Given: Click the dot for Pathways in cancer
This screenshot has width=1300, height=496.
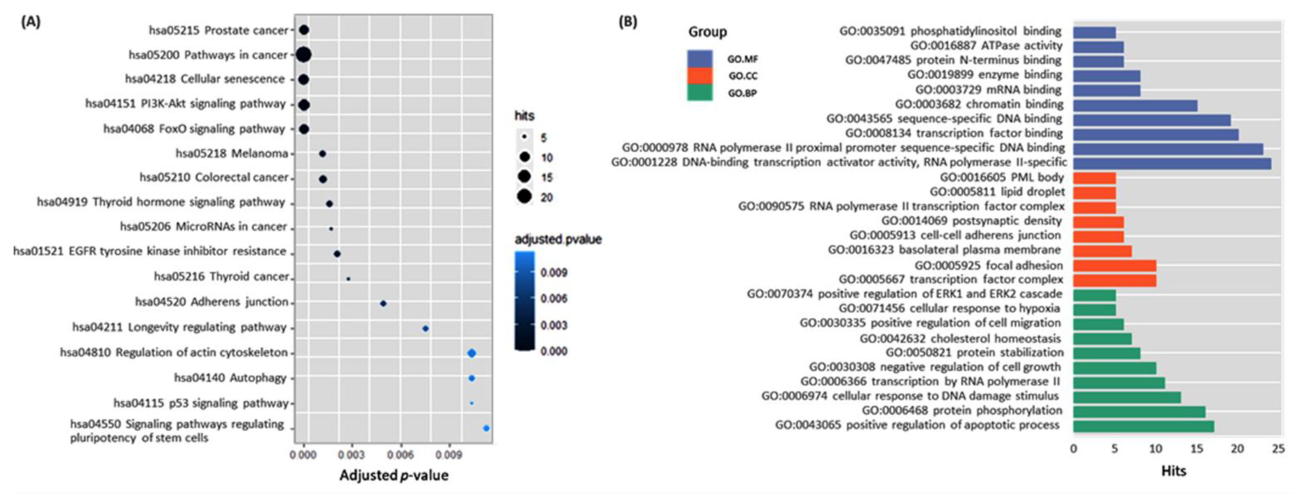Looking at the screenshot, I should tap(303, 54).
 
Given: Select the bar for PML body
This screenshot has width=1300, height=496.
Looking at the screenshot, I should tap(1094, 178).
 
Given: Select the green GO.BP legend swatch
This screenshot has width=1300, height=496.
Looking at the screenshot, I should tap(700, 93).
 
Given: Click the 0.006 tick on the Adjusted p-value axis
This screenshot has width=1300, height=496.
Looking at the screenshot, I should tap(400, 455).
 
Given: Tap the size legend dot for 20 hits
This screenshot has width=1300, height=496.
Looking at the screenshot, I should tap(524, 197).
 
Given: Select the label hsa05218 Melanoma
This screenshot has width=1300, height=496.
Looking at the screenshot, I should tap(232, 153).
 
